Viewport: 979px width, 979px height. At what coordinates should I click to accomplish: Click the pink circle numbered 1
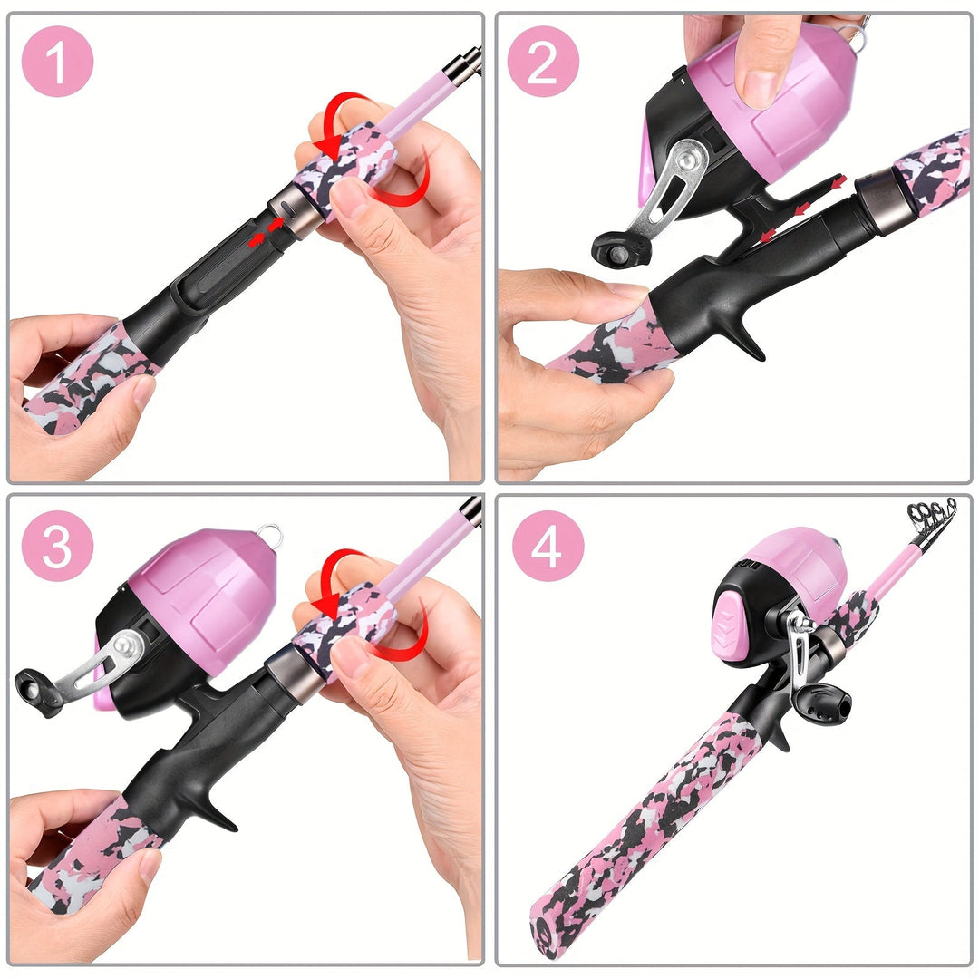point(57,62)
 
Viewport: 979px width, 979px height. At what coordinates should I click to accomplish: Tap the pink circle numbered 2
point(543,62)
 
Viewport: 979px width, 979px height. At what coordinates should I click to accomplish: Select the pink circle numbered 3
point(57,546)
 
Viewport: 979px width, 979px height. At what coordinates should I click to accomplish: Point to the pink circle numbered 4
point(548,546)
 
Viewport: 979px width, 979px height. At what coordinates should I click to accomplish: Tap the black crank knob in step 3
point(39,691)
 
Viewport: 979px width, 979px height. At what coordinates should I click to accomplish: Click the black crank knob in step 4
point(821,704)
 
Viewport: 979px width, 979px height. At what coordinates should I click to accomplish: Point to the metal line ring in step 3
point(271,536)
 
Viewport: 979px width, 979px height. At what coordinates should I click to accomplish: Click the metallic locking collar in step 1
point(296,210)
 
